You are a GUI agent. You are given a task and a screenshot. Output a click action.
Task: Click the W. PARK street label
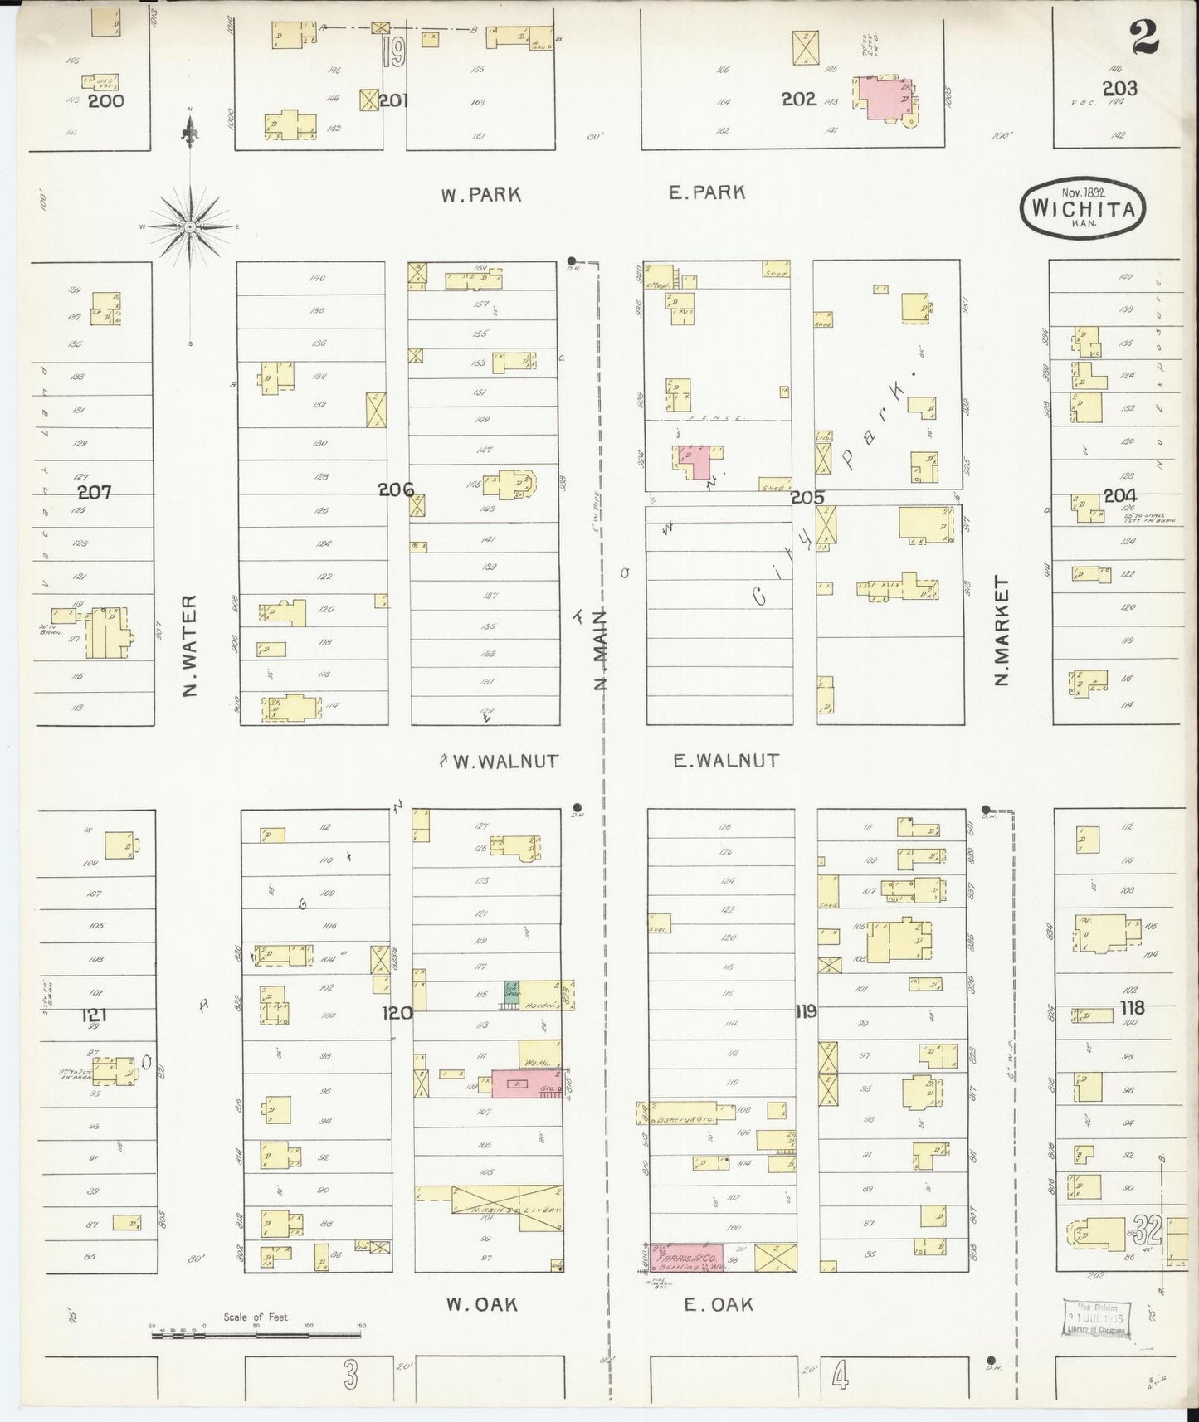pyautogui.click(x=480, y=195)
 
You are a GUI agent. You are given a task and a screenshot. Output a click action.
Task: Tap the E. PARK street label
pyautogui.click(x=707, y=192)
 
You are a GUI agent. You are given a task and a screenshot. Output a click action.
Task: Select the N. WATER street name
pyautogui.click(x=190, y=645)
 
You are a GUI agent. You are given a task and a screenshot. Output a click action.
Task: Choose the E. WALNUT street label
pyautogui.click(x=725, y=760)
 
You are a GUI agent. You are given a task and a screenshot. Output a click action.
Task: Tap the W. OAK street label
pyautogui.click(x=481, y=1304)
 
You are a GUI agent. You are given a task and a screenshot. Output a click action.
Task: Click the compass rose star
pyautogui.click(x=190, y=226)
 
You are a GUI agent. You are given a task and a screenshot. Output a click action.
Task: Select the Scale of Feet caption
pyautogui.click(x=256, y=1317)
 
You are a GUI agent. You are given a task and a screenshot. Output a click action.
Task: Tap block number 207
pyautogui.click(x=94, y=492)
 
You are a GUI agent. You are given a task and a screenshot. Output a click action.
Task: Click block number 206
pyautogui.click(x=396, y=489)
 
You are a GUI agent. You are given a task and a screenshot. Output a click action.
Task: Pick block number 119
pyautogui.click(x=805, y=1011)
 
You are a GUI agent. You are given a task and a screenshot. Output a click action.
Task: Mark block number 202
pyautogui.click(x=798, y=100)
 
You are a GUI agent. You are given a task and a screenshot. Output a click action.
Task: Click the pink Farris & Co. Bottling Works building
pyautogui.click(x=687, y=1258)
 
